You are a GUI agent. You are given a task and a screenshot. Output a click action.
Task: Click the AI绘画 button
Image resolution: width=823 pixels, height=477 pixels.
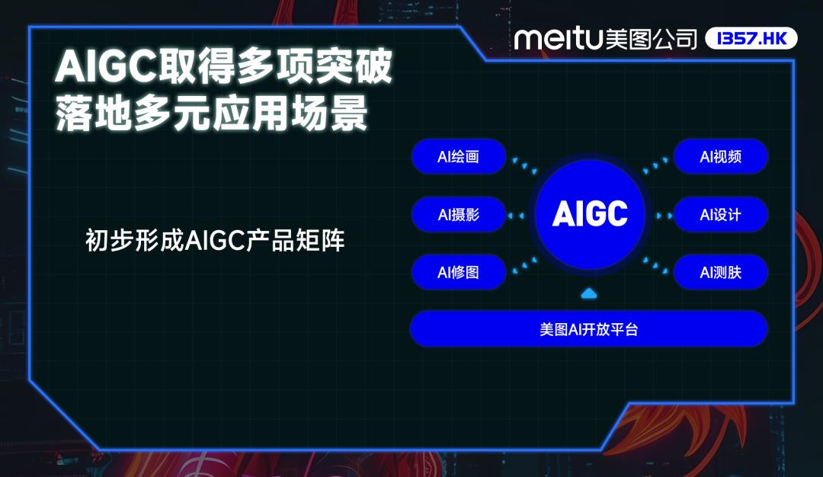pos(459,156)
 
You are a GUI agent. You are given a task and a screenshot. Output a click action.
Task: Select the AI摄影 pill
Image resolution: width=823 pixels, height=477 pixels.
pos(459,215)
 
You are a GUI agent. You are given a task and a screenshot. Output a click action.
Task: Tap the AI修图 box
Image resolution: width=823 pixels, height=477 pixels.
pos(459,272)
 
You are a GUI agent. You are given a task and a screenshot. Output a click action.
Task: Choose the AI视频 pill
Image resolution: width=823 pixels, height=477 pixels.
pos(721,156)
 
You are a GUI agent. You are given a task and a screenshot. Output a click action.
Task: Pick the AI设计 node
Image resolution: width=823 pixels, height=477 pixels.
pos(721,215)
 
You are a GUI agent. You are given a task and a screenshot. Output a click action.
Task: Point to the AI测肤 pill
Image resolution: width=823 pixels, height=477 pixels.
pos(721,272)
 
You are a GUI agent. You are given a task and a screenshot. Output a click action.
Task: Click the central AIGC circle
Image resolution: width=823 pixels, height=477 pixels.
pos(590,214)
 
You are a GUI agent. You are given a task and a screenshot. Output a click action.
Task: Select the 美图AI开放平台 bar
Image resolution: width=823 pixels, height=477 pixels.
pos(589,329)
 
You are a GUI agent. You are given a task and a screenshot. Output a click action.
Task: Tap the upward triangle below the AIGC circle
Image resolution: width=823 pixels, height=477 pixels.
pos(589,293)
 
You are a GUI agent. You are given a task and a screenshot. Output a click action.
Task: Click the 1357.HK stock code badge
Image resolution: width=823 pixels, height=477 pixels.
pos(751,38)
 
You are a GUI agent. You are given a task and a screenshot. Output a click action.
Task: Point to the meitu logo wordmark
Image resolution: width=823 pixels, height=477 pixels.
pos(557,39)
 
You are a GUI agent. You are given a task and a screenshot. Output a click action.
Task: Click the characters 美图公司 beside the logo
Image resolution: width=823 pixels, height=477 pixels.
pos(652,39)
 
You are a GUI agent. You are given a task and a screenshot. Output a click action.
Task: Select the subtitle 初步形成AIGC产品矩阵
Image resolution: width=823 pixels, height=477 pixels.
pos(215,240)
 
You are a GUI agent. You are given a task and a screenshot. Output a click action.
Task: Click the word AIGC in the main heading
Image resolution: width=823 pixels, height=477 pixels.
pos(106,66)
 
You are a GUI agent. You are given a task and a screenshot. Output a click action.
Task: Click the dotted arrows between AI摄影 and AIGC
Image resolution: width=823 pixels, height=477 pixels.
pos(515,215)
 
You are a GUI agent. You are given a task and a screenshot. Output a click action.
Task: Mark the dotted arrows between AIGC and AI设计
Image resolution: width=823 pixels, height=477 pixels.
pos(664,215)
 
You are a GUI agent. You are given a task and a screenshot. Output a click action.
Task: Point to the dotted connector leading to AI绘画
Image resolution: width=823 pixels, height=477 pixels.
pos(525,165)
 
